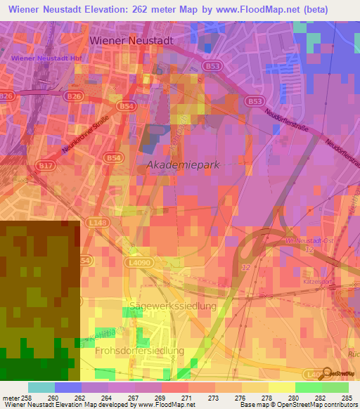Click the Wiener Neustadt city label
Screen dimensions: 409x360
click(131, 41)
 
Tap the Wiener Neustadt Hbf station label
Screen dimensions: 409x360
click(41, 58)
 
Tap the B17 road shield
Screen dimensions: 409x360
click(46, 165)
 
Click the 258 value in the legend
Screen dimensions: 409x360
click(25, 397)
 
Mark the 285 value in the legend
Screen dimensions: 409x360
click(347, 397)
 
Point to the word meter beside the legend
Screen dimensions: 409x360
click(10, 397)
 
